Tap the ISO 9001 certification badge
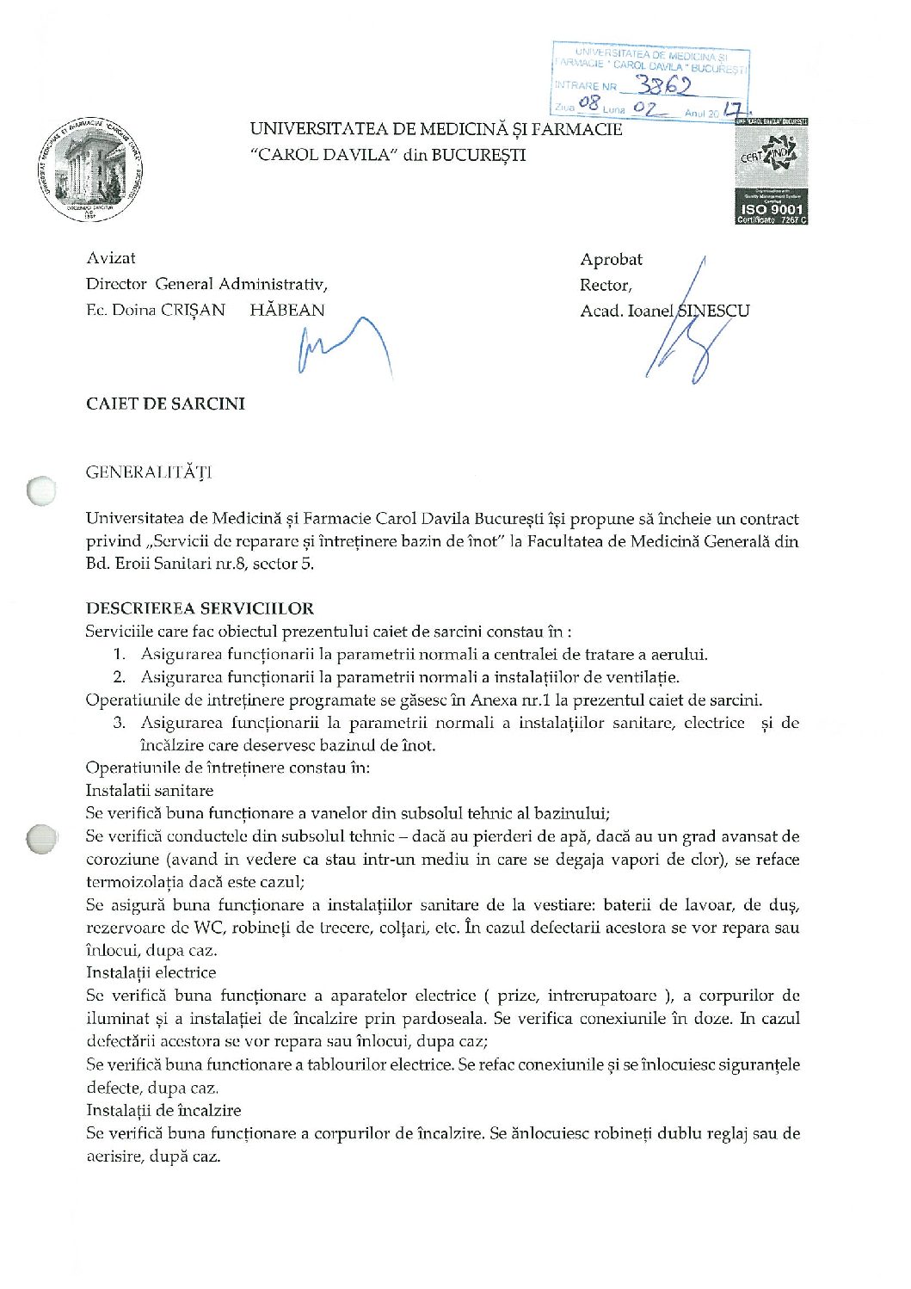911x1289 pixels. [x=771, y=172]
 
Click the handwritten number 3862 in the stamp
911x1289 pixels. [x=663, y=84]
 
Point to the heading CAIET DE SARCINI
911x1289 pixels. [x=165, y=404]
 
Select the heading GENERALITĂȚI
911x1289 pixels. [x=148, y=472]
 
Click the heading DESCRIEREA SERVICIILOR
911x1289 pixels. [x=200, y=608]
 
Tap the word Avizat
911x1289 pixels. [x=111, y=258]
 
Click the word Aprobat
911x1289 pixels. [x=611, y=259]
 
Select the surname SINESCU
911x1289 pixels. [x=713, y=311]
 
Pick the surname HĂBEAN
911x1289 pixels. [x=287, y=310]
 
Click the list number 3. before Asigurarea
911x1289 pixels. [x=120, y=723]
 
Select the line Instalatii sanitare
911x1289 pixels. [x=150, y=790]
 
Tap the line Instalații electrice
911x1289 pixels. [x=151, y=972]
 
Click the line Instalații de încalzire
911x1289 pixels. [x=163, y=1110]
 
